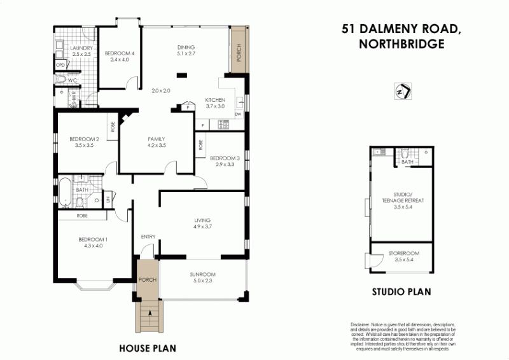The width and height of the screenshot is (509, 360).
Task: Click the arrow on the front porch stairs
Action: click(x=150, y=312)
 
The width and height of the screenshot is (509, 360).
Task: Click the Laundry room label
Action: click(x=83, y=52)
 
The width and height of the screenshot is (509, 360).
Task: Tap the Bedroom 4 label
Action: click(x=120, y=56)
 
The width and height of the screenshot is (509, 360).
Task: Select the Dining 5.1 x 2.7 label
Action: click(x=186, y=51)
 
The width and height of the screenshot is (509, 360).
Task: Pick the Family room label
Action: click(x=157, y=142)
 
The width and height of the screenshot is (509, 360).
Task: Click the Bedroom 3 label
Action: click(x=224, y=161)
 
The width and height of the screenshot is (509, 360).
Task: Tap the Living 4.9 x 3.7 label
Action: click(x=202, y=223)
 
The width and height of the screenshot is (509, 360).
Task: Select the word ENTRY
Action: click(x=148, y=237)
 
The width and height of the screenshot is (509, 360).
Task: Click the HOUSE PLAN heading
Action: click(x=148, y=349)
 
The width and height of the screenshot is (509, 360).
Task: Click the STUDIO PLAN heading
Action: click(x=401, y=293)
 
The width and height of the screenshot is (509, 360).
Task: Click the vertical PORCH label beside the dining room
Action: click(x=239, y=50)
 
